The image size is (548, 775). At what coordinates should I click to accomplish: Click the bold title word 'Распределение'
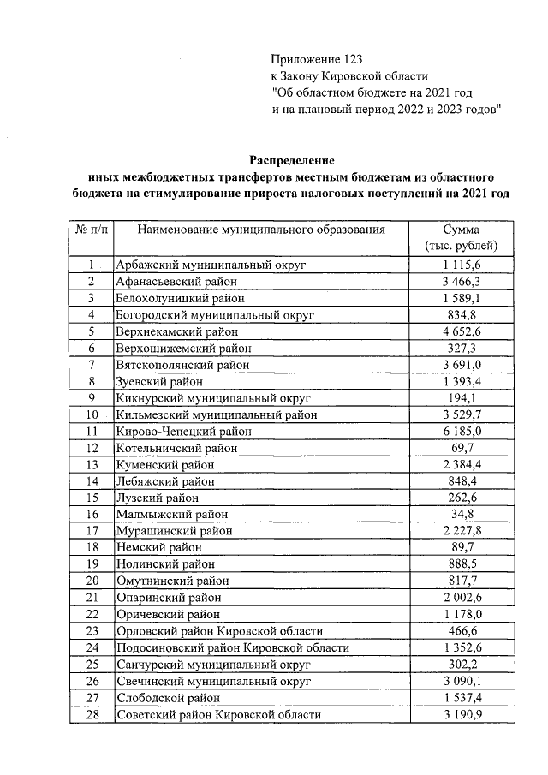click(292, 160)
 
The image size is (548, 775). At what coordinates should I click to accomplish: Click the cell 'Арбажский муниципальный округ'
click(211, 265)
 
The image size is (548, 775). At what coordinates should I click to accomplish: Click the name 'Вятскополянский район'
click(182, 365)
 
